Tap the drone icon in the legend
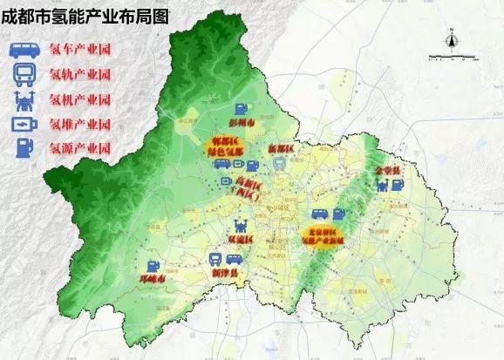[21, 99]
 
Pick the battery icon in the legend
[21, 124]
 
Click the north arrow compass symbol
[451, 39]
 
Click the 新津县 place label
[228, 273]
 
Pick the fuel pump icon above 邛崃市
[153, 267]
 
